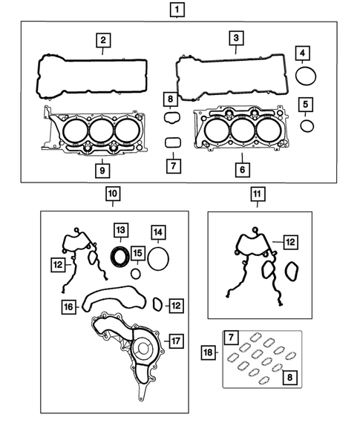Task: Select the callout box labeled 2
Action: point(104,40)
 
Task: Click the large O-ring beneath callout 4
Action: point(305,76)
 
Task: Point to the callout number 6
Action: point(241,168)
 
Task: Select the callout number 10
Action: point(111,195)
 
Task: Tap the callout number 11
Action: point(256,195)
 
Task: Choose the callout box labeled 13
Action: point(120,230)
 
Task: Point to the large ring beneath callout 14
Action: point(158,259)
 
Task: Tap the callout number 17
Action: point(175,342)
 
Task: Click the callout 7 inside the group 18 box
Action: point(232,339)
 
